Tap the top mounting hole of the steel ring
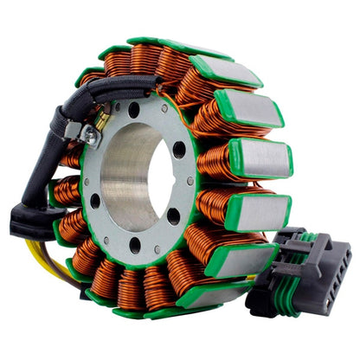134,110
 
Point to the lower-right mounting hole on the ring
173,216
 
